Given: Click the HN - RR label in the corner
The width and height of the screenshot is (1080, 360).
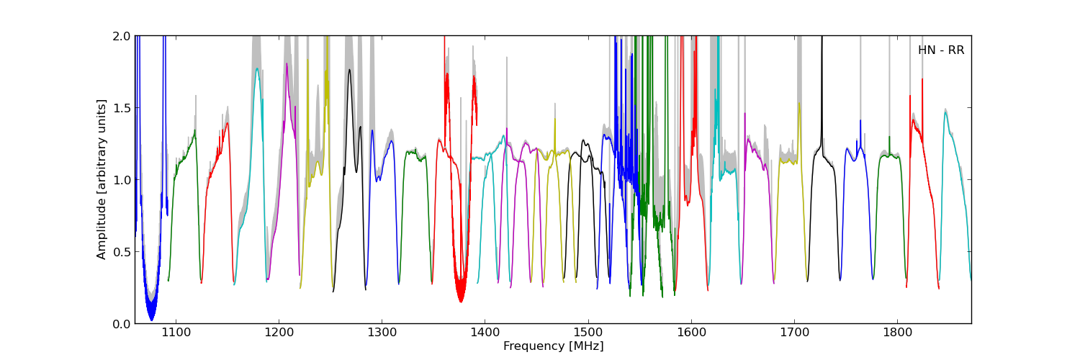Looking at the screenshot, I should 940,50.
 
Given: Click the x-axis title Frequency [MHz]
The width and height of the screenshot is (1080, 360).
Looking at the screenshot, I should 553,346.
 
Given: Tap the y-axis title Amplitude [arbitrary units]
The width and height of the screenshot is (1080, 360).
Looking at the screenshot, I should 102,179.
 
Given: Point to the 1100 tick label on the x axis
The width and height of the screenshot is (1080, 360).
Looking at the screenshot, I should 176,333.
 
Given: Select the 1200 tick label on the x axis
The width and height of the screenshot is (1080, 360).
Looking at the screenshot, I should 279,333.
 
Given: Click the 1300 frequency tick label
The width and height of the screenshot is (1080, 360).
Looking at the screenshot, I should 382,333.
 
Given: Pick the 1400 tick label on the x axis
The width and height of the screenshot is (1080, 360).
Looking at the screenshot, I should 485,333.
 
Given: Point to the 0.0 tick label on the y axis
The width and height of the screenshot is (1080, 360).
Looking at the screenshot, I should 122,324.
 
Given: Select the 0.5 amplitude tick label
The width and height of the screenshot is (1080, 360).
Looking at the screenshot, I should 122,252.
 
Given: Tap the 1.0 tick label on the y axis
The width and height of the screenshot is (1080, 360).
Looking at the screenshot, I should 122,180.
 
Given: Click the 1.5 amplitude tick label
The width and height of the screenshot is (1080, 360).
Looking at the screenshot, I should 122,108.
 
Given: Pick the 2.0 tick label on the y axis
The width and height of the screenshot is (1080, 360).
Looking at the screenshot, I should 122,36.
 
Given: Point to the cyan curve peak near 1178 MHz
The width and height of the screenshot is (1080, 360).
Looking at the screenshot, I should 257,69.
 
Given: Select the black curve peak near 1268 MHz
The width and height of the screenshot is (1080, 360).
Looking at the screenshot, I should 349,70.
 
